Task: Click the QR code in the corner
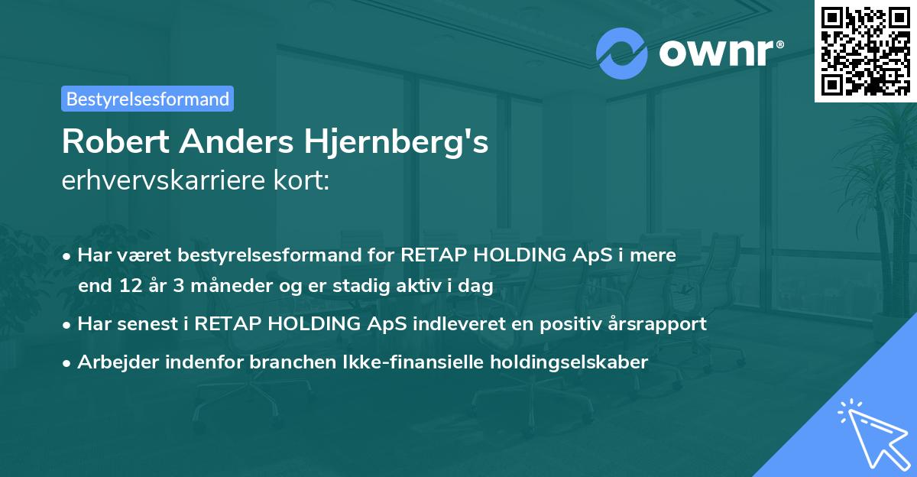(864, 50)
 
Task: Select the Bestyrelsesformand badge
(147, 99)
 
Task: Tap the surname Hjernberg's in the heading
(389, 143)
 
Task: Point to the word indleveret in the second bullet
(451, 324)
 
